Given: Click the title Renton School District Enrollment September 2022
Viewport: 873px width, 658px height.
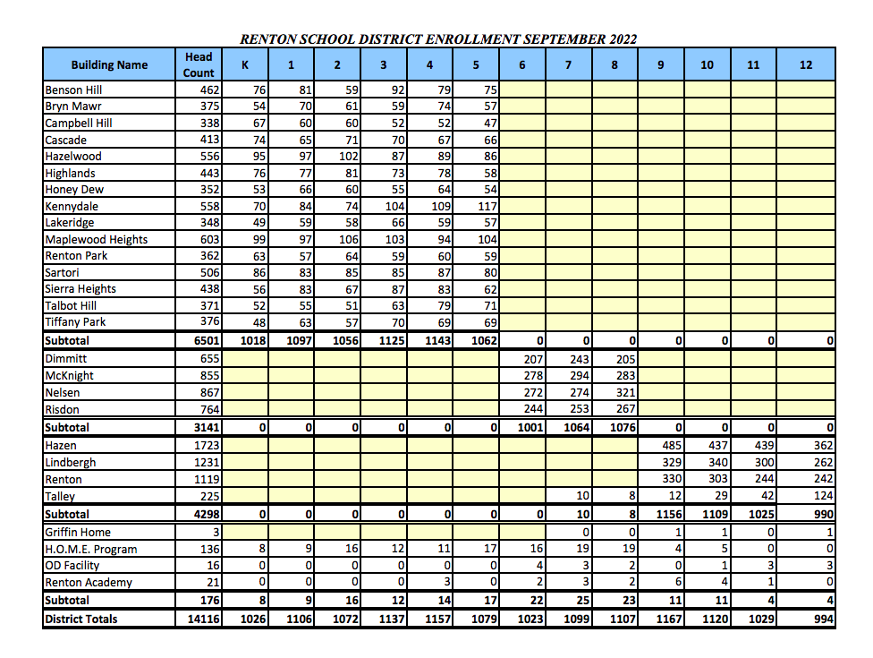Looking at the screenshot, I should coord(438,39).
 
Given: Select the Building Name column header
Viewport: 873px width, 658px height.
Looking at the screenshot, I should coord(109,64).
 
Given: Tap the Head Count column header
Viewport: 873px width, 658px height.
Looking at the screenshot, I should coord(199,64).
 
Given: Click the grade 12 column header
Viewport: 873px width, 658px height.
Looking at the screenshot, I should coord(806,64).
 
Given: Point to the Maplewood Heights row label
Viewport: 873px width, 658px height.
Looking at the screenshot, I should coord(97,239).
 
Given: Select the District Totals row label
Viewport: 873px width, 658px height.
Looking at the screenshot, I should coord(81,619).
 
